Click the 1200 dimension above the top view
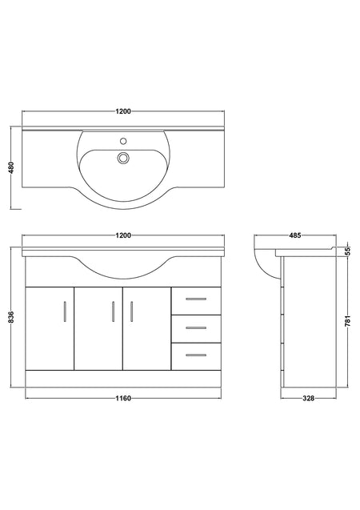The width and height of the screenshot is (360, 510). pos(123,111)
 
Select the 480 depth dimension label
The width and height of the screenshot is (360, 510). pos(12,167)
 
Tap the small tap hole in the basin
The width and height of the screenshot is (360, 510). pos(123,141)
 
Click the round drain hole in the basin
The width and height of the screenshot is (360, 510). pos(123,158)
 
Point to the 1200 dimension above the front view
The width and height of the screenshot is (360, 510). pos(123,235)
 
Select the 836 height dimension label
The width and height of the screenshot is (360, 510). pos(12,317)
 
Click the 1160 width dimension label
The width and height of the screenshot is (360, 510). pos(123,398)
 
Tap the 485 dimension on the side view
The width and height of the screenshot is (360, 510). pos(295,235)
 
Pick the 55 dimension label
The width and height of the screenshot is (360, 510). pos(348,251)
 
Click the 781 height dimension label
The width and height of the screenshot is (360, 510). pos(348,321)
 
